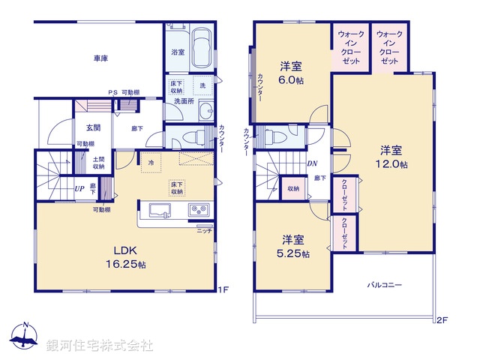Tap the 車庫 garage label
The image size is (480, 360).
click(100, 58)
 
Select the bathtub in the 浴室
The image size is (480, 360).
click(200, 49)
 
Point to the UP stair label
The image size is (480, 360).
click(79, 188)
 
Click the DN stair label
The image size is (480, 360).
click(311, 163)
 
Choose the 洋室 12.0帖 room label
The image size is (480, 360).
click(392, 156)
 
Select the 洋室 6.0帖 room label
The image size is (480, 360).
click(292, 70)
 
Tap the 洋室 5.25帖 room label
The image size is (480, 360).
click(293, 246)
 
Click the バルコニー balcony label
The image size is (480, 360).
click(385, 285)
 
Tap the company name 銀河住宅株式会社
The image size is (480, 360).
click(99, 346)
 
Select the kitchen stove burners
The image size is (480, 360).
click(198, 209)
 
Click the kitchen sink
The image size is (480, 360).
click(160, 209)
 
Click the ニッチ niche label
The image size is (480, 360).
click(205, 231)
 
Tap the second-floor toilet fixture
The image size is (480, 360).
click(273, 138)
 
